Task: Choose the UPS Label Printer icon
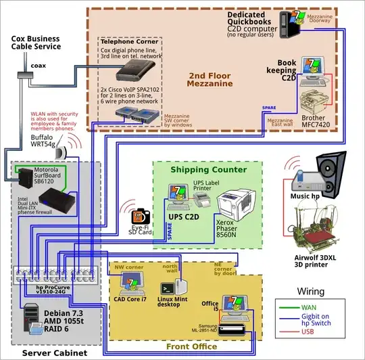[x=201, y=197]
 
